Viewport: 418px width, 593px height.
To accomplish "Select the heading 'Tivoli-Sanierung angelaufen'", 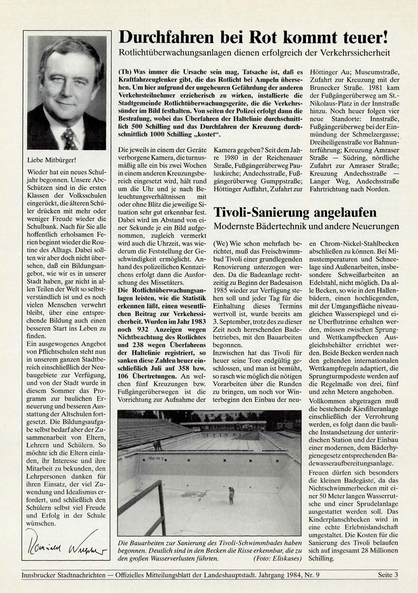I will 295,213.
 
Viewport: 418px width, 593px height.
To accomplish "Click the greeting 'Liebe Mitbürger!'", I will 51,160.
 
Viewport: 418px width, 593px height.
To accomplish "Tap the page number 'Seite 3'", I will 388,575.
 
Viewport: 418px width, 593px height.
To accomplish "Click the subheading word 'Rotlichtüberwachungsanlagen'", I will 172,53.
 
